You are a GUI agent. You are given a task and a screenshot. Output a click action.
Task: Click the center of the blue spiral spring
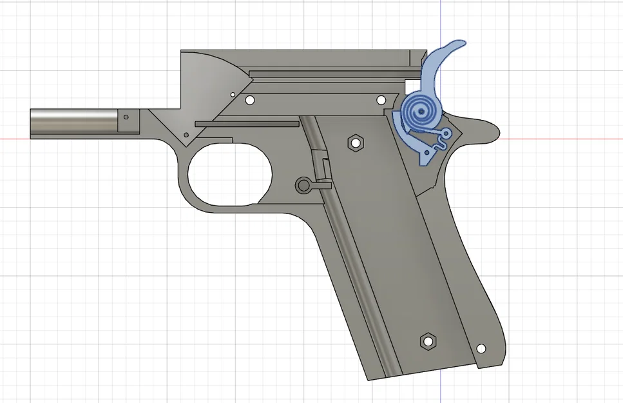click(x=421, y=113)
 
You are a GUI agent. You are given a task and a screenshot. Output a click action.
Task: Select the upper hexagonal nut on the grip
click(x=354, y=143)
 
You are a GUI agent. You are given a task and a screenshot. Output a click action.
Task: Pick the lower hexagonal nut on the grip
click(x=426, y=341)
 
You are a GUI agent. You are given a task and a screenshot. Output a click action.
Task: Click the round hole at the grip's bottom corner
click(x=480, y=349)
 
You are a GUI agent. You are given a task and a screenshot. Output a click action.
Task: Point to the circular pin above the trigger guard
click(x=303, y=185)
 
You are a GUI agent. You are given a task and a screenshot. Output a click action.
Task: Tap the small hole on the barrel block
click(x=126, y=118)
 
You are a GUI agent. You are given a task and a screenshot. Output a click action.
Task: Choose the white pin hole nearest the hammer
click(x=381, y=100)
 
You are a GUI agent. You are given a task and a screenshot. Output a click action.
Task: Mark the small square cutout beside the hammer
click(x=410, y=84)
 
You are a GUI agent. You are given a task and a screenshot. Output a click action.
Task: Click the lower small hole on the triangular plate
click(x=186, y=136)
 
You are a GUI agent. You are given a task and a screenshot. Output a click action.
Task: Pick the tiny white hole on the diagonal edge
click(x=232, y=93)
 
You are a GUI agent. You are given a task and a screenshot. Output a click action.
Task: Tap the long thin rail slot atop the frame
click(x=329, y=73)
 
